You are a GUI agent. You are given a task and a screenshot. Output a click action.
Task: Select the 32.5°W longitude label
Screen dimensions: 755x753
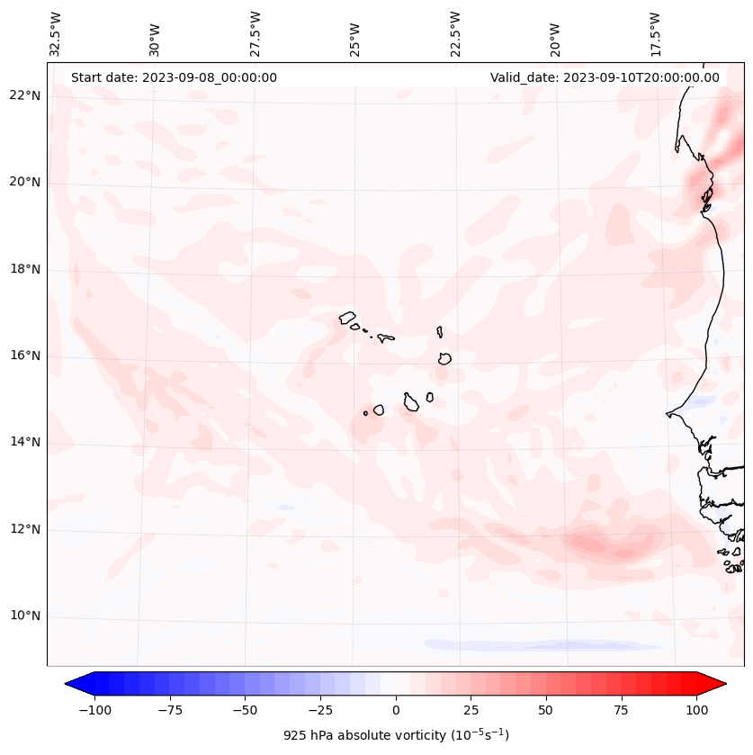coord(56,33)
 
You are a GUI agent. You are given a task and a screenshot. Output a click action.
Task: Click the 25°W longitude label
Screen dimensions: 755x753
coord(356,35)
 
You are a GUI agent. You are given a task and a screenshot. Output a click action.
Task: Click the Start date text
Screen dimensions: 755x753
coord(174,77)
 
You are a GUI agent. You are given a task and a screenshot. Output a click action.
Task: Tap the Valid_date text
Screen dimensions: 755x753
coord(605,77)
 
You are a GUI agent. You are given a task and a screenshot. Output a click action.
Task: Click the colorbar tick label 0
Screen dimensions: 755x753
coord(396,710)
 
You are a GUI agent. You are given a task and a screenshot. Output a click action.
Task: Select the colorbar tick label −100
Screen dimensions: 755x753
coord(94,710)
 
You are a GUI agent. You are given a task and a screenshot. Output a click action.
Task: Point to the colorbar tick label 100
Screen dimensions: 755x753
coord(697,710)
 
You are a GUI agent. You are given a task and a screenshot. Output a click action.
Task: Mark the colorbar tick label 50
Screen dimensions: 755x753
coord(546,710)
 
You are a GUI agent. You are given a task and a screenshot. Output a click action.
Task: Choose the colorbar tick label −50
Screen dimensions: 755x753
coord(245,710)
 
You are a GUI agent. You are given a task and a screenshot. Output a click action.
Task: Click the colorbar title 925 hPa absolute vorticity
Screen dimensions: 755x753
coord(396,735)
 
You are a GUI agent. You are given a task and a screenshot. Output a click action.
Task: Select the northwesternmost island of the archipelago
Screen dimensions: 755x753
coord(347,317)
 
